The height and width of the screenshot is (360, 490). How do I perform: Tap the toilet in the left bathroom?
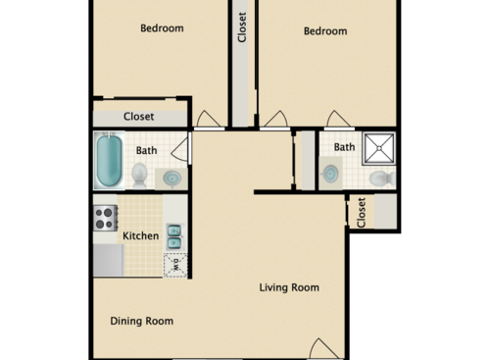click(x=139, y=175)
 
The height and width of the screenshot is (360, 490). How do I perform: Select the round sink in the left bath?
click(x=171, y=179)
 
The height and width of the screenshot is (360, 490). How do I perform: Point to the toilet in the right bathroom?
click(x=381, y=178)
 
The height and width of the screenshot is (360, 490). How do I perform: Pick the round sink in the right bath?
click(x=330, y=174)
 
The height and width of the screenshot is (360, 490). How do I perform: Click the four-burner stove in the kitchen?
click(x=105, y=218)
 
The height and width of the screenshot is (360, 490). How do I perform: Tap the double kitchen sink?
click(x=173, y=236)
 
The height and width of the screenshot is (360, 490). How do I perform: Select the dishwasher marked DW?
click(x=175, y=263)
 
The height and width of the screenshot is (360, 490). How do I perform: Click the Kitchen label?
click(x=140, y=236)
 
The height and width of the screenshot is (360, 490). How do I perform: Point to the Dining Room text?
click(x=141, y=321)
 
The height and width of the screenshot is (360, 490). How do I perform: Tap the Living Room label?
click(x=289, y=287)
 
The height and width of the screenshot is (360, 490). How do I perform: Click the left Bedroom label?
click(x=162, y=28)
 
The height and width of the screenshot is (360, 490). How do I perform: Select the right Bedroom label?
click(x=324, y=30)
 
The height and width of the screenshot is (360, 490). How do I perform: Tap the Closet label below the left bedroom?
click(x=138, y=116)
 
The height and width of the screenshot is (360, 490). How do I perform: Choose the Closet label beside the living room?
click(x=362, y=212)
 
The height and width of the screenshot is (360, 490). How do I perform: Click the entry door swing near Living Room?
click(x=323, y=349)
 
